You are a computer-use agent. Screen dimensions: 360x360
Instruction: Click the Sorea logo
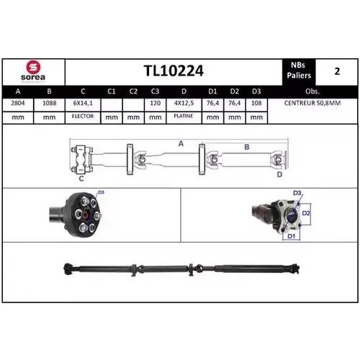click(x=33, y=71)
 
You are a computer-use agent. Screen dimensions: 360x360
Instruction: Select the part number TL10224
click(x=174, y=71)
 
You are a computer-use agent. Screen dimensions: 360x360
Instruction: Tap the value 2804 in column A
click(x=18, y=103)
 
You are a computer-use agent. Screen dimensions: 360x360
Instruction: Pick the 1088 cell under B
click(x=49, y=103)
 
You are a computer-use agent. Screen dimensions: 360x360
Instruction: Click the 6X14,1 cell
click(x=83, y=103)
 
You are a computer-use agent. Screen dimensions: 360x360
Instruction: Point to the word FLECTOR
click(x=83, y=116)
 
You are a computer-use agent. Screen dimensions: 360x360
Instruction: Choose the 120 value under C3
click(x=156, y=103)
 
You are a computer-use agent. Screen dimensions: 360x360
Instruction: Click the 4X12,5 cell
click(x=184, y=103)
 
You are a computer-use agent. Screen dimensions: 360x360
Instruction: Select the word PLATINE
click(x=184, y=116)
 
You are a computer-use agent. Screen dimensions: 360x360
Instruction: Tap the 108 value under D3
click(x=256, y=103)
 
